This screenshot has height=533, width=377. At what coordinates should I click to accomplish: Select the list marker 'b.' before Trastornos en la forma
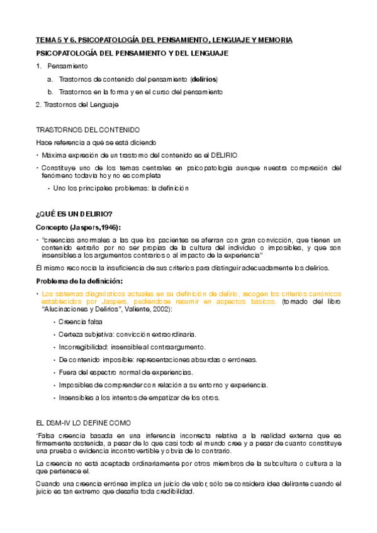50,92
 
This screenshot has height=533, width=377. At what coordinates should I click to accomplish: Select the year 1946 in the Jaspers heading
106,226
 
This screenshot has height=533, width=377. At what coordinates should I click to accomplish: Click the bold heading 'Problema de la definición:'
79,280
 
